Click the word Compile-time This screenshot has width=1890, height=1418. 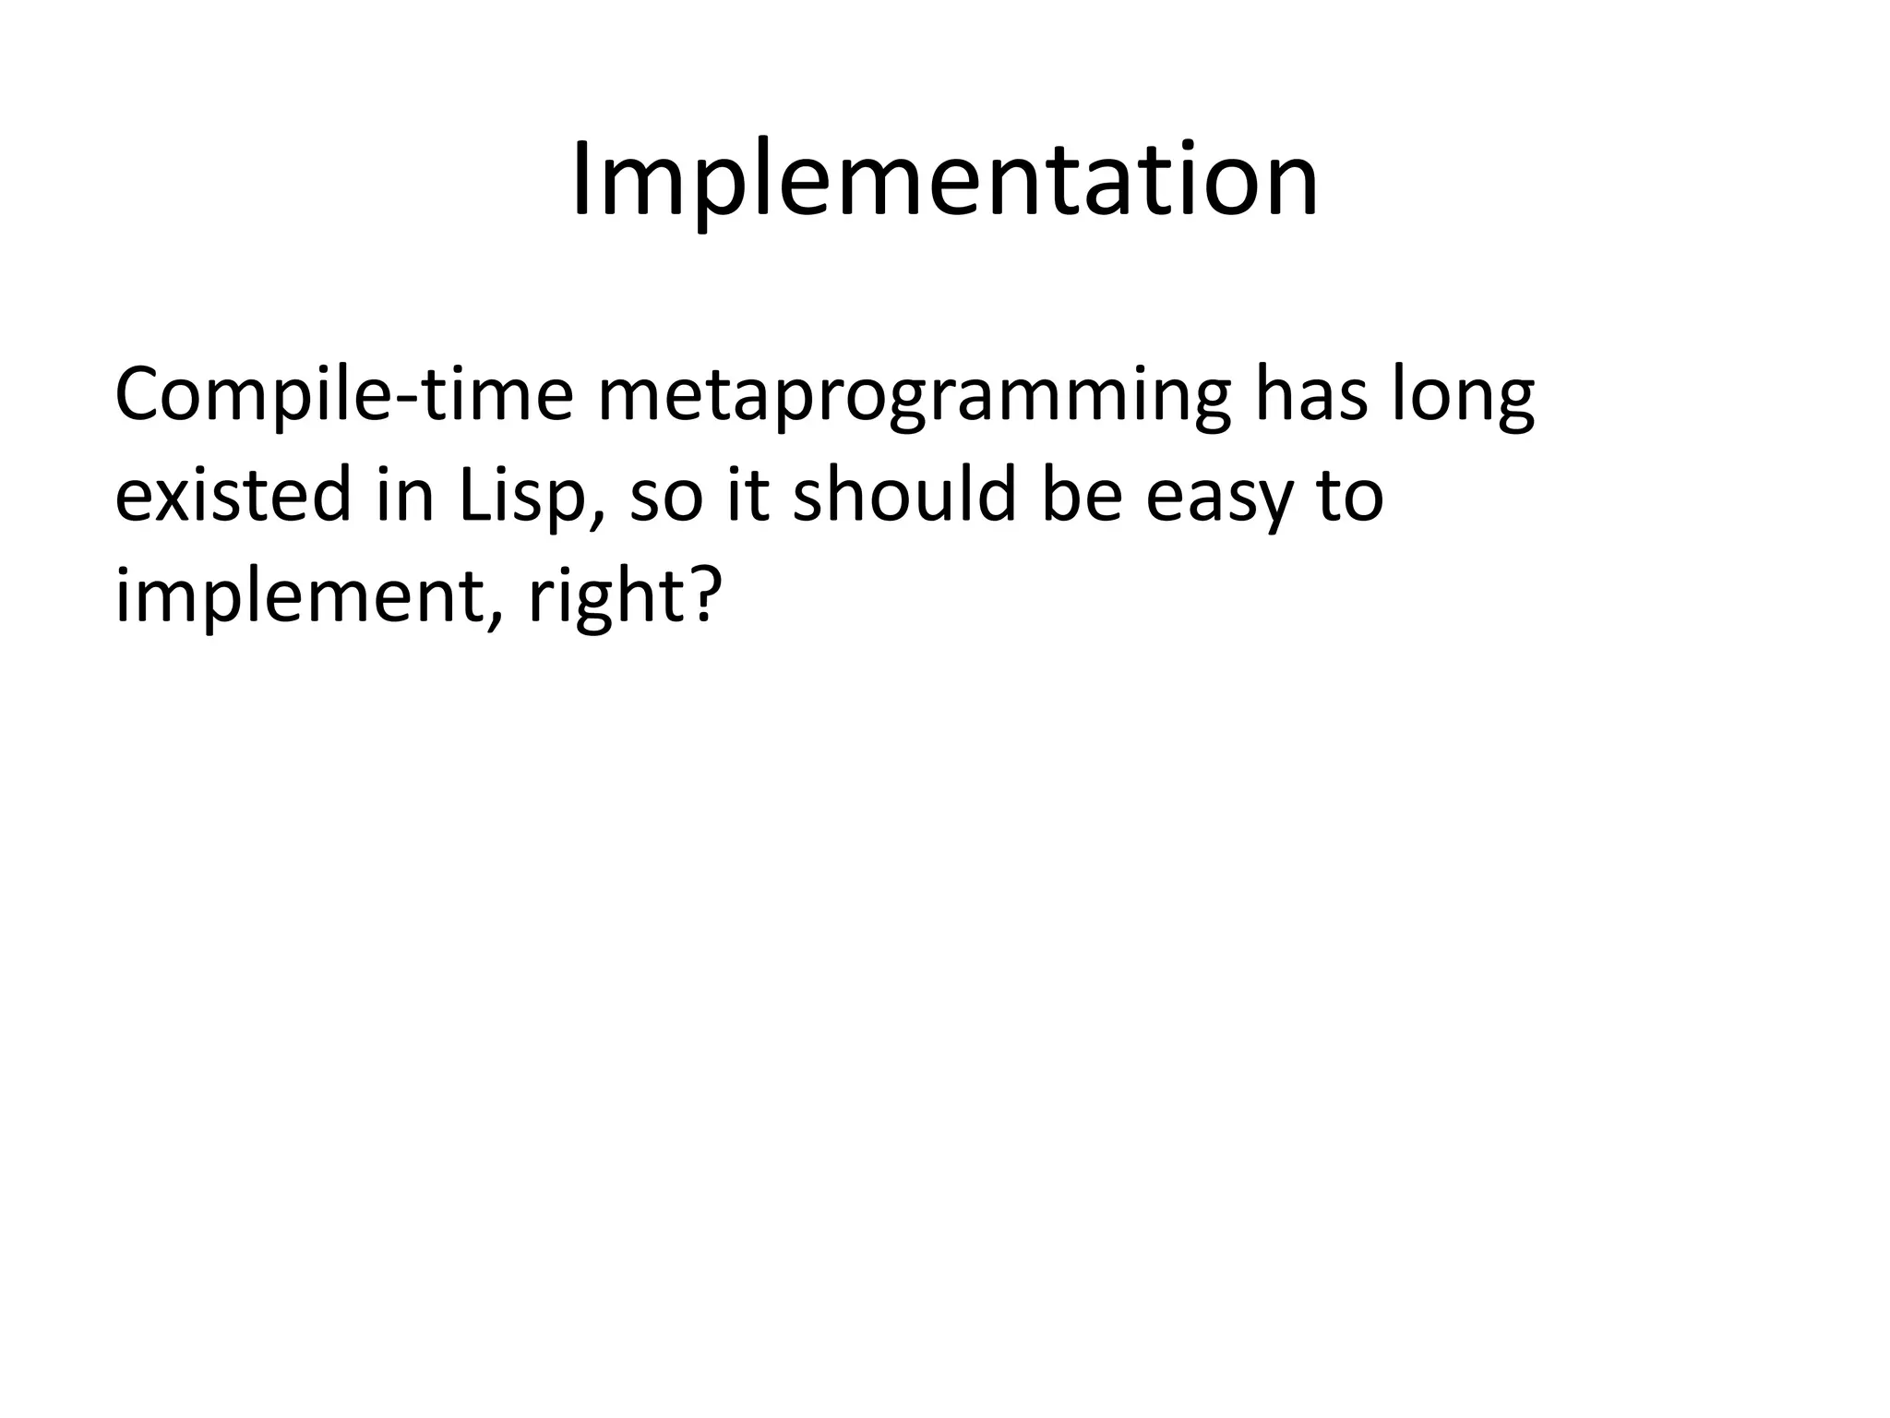343,395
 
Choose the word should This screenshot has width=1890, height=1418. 907,495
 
